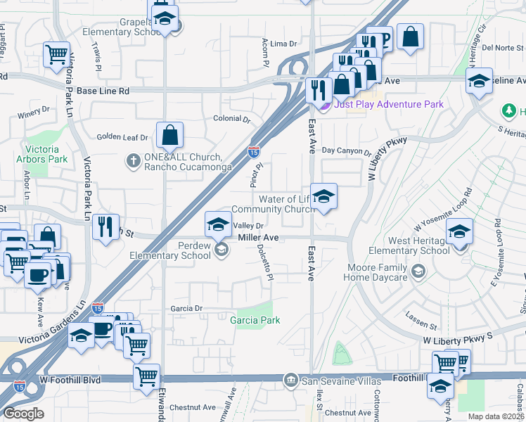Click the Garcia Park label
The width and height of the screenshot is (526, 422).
coord(255,320)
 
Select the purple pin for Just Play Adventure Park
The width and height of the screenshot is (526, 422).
coord(324,105)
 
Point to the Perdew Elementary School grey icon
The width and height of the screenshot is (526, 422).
coord(221,250)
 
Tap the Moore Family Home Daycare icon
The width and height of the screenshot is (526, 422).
coord(418,271)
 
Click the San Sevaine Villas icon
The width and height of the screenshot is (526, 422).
coord(290,381)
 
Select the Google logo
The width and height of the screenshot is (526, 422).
coord(23,413)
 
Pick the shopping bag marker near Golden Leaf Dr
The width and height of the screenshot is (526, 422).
coord(169,134)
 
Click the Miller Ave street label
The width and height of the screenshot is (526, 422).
coord(259,238)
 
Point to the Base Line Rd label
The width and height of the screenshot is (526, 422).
coord(103,91)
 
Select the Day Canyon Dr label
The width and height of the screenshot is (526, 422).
coord(346,151)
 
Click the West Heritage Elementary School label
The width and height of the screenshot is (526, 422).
coord(409,245)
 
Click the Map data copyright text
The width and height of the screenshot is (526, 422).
coord(496,416)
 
